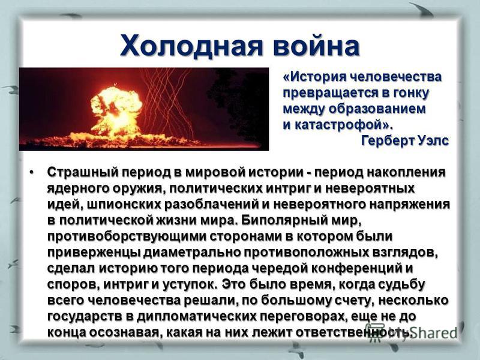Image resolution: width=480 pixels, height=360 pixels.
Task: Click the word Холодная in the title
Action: [191, 46]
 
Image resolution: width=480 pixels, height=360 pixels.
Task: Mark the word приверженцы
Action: [94, 253]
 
